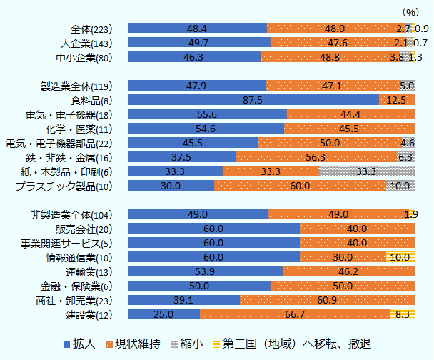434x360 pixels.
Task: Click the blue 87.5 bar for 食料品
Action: pyautogui.click(x=253, y=100)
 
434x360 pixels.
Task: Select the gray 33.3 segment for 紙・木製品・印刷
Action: pyautogui.click(x=367, y=171)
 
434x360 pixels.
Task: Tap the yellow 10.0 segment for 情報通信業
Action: pyautogui.click(x=400, y=257)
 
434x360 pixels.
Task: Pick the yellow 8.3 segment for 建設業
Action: pyautogui.click(x=403, y=314)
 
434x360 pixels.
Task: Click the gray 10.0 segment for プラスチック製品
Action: pyautogui.click(x=400, y=186)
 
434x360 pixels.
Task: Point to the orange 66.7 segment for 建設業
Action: pyautogui.click(x=296, y=314)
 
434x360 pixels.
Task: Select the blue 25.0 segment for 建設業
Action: pyautogui.click(x=164, y=314)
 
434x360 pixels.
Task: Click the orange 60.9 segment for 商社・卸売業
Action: pyautogui.click(x=327, y=300)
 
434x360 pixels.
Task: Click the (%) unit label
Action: pyautogui.click(x=413, y=12)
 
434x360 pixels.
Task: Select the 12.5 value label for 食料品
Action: pyautogui.click(x=397, y=100)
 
